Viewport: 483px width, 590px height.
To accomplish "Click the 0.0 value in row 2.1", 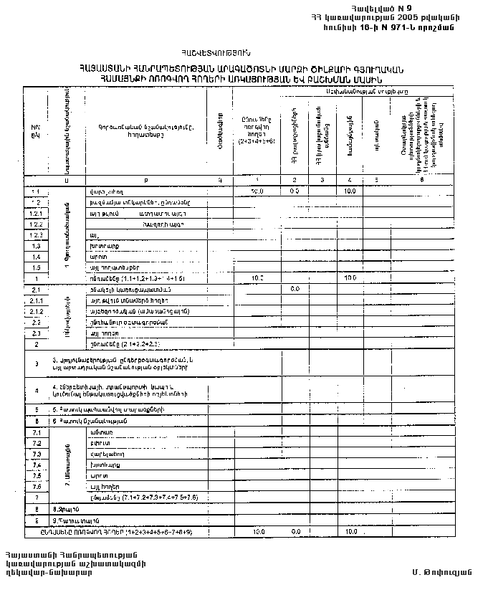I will coord(295,288).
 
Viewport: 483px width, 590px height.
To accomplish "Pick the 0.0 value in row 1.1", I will coord(295,191).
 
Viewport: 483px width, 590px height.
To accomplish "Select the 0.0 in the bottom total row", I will coord(295,532).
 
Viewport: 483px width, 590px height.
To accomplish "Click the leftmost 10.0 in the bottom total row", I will coord(258,532).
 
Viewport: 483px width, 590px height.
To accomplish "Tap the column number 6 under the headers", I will coord(421,179).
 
